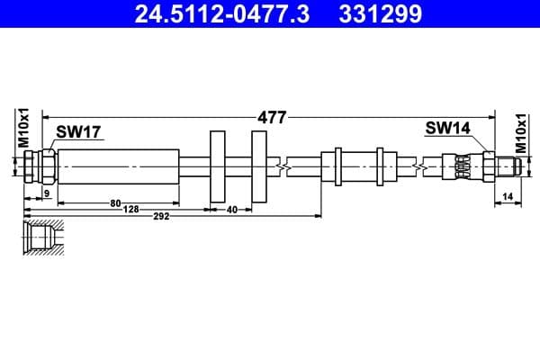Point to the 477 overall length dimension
click(271, 117)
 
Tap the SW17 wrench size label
click(77, 132)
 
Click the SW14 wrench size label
click(447, 129)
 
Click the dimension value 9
click(47, 193)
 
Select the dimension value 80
click(115, 203)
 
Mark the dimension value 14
click(508, 194)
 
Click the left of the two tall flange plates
click(217, 166)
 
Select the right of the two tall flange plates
click(259, 166)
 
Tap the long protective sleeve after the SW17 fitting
click(118, 166)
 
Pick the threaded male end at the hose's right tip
click(507, 166)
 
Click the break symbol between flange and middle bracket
click(285, 166)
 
